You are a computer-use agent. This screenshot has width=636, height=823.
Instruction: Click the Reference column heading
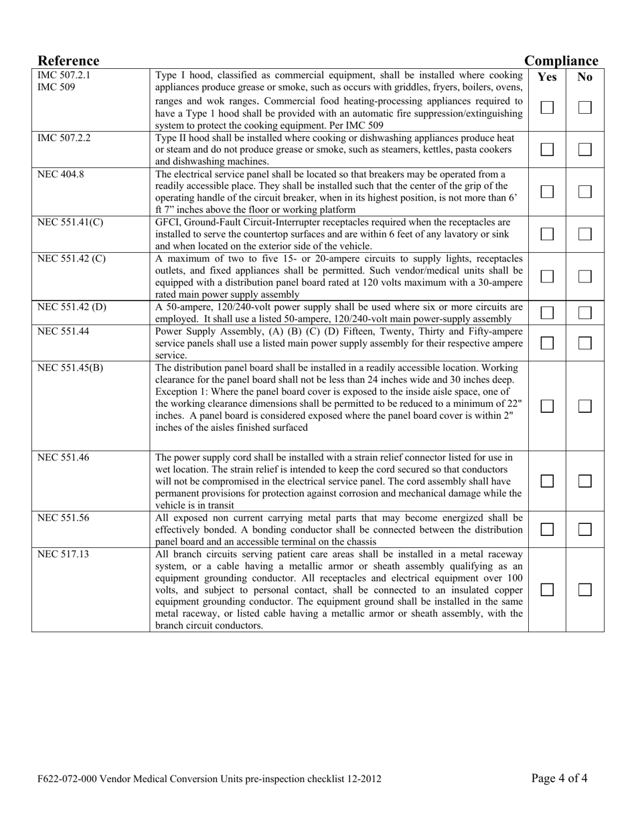point(68,61)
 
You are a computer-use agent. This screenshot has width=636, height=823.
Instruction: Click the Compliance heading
point(561,61)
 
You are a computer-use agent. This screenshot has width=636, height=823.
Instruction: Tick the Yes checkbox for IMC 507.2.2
point(547,149)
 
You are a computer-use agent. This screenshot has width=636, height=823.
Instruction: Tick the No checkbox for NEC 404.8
point(585,191)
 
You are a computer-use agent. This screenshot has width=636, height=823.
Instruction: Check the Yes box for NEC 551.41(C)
point(547,234)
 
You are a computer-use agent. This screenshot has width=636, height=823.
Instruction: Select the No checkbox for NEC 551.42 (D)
point(585,312)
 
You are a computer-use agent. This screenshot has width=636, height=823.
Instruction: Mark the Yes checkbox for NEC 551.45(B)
point(547,406)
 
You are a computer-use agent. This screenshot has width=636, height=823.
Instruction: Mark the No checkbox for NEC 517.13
point(585,589)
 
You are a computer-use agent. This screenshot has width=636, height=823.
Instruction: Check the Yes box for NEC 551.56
point(547,529)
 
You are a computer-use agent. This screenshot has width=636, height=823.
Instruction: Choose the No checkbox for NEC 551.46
point(585,481)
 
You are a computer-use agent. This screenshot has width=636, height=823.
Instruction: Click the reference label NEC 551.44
point(63,331)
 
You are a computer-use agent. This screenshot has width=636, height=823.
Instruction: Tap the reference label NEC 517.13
point(63,554)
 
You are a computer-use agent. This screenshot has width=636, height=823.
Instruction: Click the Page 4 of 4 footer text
point(560,778)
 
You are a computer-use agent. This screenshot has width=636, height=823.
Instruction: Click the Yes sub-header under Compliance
point(547,77)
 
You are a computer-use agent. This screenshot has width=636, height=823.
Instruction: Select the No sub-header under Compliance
point(585,77)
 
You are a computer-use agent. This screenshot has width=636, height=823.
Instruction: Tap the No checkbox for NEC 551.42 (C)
point(585,276)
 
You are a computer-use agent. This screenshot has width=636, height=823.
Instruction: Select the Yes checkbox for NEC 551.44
point(547,343)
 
